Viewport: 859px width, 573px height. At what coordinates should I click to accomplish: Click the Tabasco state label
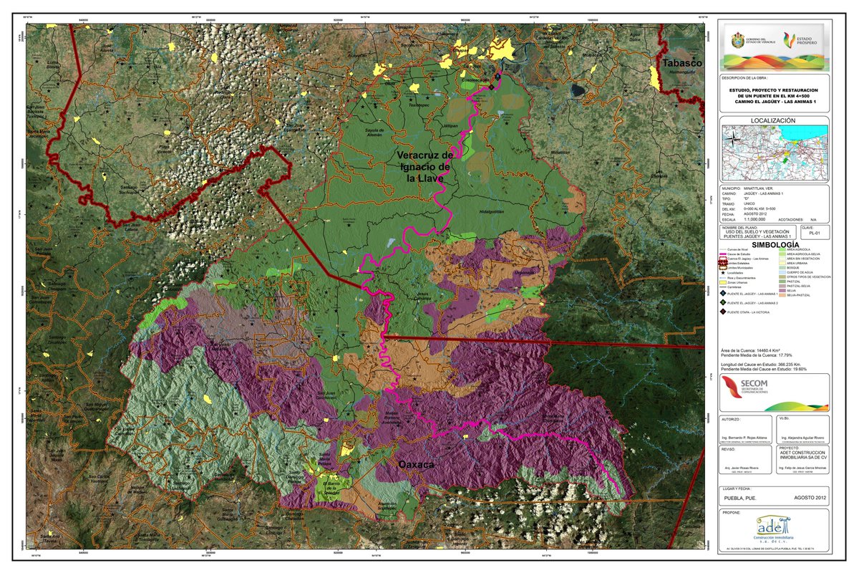679,63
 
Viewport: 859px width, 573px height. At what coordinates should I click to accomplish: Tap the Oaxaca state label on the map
416,465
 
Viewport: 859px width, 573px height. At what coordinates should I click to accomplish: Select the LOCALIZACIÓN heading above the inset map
773,121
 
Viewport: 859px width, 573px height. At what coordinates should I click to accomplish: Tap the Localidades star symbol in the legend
723,273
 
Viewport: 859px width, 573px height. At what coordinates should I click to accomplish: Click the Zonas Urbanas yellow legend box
723,282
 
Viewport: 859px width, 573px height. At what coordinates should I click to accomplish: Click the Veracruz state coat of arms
737,40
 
